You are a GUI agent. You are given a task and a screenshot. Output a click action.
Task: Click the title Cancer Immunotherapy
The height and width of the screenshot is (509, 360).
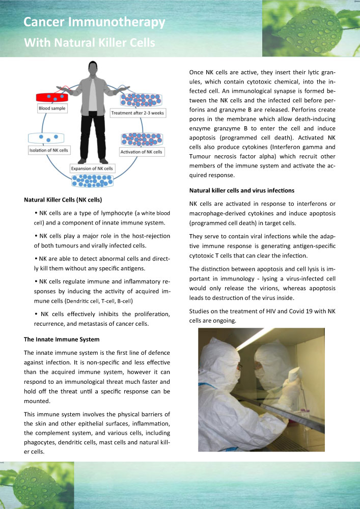pyautogui.click(x=94, y=22)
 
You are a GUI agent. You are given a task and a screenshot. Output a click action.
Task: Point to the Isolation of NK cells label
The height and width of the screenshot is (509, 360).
pyautogui.click(x=49, y=151)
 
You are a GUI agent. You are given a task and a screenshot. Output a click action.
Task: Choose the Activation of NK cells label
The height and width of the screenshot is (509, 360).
pyautogui.click(x=141, y=152)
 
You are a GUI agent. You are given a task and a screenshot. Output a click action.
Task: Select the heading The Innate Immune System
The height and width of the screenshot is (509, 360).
pyautogui.click(x=62, y=339)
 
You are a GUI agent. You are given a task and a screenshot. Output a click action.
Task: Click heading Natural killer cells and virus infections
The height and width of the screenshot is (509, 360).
pyautogui.click(x=241, y=190)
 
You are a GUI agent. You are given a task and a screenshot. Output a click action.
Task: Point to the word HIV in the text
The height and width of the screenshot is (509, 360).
pyautogui.click(x=276, y=310)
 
